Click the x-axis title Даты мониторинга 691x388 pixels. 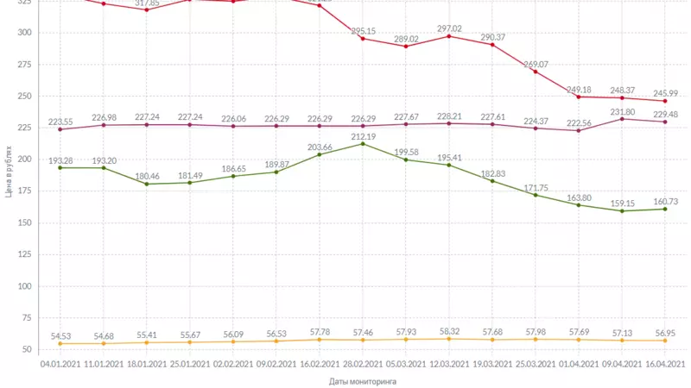pyautogui.click(x=356, y=380)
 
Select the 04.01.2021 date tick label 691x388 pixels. pyautogui.click(x=60, y=364)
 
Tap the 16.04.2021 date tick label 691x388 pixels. pyautogui.click(x=665, y=364)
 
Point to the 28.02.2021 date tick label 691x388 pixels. pyautogui.click(x=363, y=364)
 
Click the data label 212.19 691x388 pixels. pyautogui.click(x=363, y=136)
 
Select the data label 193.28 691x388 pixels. pyautogui.click(x=60, y=160)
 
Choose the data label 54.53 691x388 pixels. pyautogui.click(x=60, y=336)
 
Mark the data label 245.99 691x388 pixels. pyautogui.click(x=665, y=93)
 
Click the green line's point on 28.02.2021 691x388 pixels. pyautogui.click(x=363, y=143)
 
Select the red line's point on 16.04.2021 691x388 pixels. pyautogui.click(x=665, y=101)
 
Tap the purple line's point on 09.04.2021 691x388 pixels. pyautogui.click(x=622, y=119)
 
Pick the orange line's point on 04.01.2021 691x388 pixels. pyautogui.click(x=60, y=344)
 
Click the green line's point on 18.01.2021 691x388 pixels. pyautogui.click(x=147, y=184)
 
